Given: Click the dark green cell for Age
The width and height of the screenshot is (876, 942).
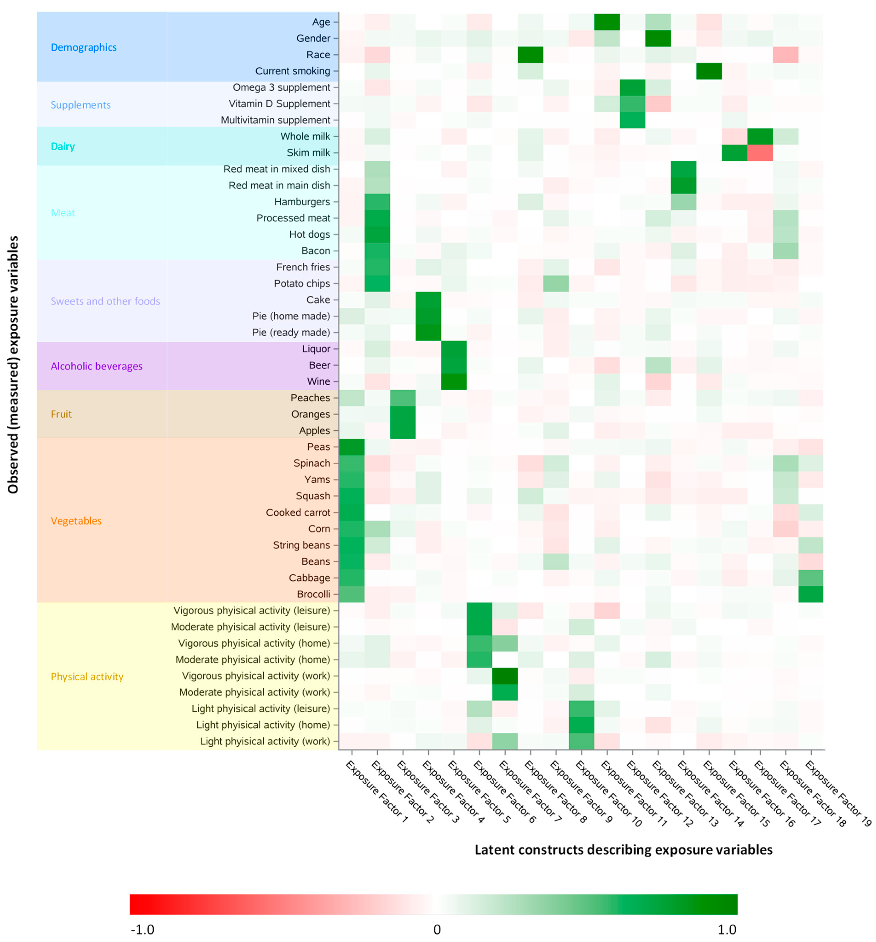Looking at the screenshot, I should pos(606,22).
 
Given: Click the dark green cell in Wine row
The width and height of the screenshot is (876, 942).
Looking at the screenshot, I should pos(453,381).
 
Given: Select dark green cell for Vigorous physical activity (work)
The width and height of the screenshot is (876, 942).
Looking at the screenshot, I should pos(504,676).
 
